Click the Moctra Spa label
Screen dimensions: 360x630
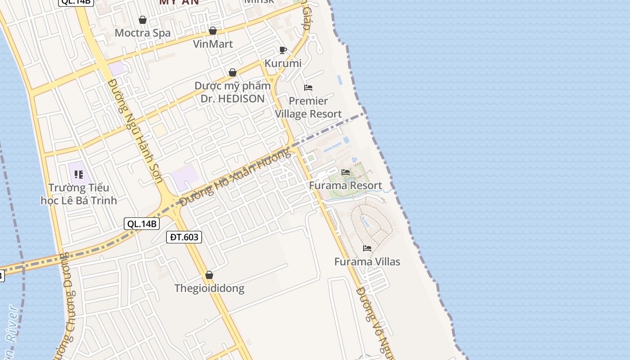(x=143, y=33)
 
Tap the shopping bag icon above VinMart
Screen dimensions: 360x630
(x=213, y=31)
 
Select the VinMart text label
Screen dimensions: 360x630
(x=213, y=44)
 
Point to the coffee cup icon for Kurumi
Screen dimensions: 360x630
(x=283, y=50)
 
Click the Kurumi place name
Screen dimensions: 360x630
(x=283, y=63)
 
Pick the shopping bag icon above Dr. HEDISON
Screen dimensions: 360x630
(x=233, y=72)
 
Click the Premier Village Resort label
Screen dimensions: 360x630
(x=309, y=108)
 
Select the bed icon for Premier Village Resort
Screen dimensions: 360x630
(x=308, y=87)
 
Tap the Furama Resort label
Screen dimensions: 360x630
(x=346, y=185)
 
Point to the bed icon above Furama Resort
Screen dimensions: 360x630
(x=346, y=172)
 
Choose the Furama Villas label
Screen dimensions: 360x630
(x=367, y=261)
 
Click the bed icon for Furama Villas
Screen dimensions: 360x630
(x=367, y=248)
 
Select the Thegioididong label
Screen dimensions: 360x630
(x=209, y=288)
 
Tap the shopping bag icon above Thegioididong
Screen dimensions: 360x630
(x=209, y=275)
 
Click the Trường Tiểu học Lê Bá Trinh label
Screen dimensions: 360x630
(x=79, y=194)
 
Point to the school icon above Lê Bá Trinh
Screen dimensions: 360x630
(x=79, y=174)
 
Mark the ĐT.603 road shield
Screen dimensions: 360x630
(x=184, y=237)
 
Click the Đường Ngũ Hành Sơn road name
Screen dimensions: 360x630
(x=136, y=130)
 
